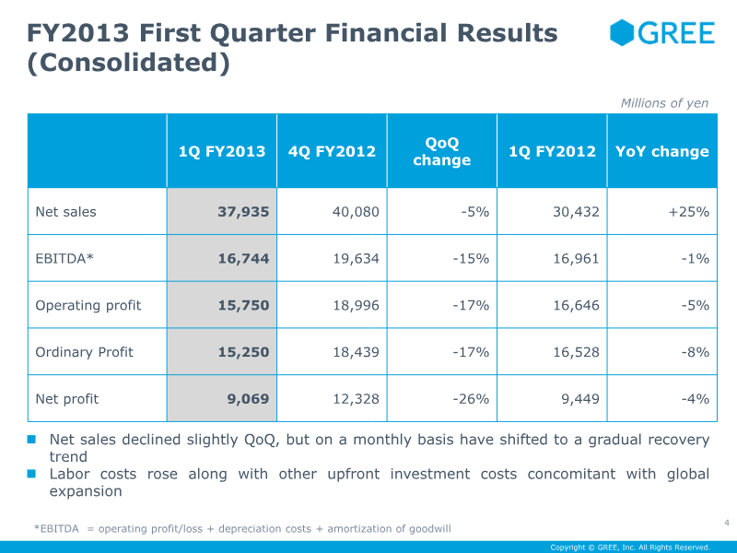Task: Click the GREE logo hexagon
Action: click(x=622, y=33)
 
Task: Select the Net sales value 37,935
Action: click(x=243, y=212)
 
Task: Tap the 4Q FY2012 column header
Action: click(x=332, y=151)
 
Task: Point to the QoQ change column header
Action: click(x=442, y=151)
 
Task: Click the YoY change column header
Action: click(x=662, y=151)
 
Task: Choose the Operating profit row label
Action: click(x=88, y=306)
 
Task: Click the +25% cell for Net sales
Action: click(x=688, y=212)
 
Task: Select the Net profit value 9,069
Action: click(x=248, y=399)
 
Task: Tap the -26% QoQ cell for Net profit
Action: click(x=471, y=399)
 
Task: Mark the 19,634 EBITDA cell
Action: click(x=357, y=259)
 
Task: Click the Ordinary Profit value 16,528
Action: click(x=577, y=352)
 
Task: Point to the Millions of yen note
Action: click(x=664, y=103)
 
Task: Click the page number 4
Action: click(x=727, y=523)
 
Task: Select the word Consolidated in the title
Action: click(x=128, y=63)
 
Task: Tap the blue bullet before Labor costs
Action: click(x=31, y=474)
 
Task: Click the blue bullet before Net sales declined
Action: click(x=31, y=440)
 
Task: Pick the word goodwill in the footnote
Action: click(x=429, y=529)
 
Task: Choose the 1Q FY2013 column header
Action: click(x=222, y=151)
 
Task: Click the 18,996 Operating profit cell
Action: click(x=357, y=306)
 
